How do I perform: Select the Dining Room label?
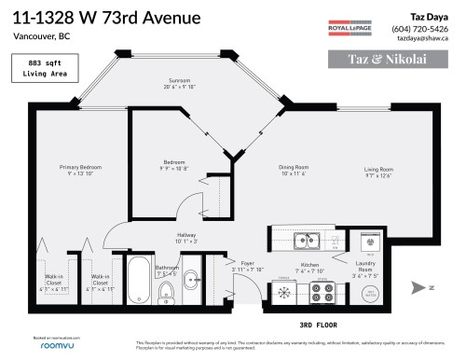[294, 170]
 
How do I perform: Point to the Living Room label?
[378, 170]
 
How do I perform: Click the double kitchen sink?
[306, 242]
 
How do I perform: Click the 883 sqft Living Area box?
[36, 68]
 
